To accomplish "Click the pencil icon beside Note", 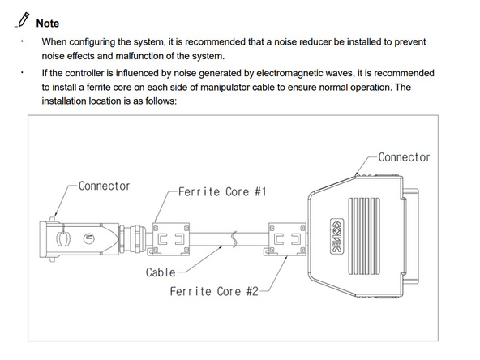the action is click(24, 20).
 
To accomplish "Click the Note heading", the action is click(48, 24).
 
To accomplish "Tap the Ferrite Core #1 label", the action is click(222, 192).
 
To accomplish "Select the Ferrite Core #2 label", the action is click(214, 291).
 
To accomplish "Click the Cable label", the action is click(161, 272).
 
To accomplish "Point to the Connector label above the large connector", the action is click(404, 157).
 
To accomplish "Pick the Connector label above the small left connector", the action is click(104, 186).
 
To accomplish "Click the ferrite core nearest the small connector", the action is click(170, 239).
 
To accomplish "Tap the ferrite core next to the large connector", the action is click(285, 239).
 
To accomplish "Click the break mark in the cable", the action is click(234, 239).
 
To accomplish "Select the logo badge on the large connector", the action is click(337, 236).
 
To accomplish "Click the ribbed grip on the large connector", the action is click(364, 236).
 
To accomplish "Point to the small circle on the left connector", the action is click(88, 238).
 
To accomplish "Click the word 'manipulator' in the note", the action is click(224, 88).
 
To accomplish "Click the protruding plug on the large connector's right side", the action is click(411, 236).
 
